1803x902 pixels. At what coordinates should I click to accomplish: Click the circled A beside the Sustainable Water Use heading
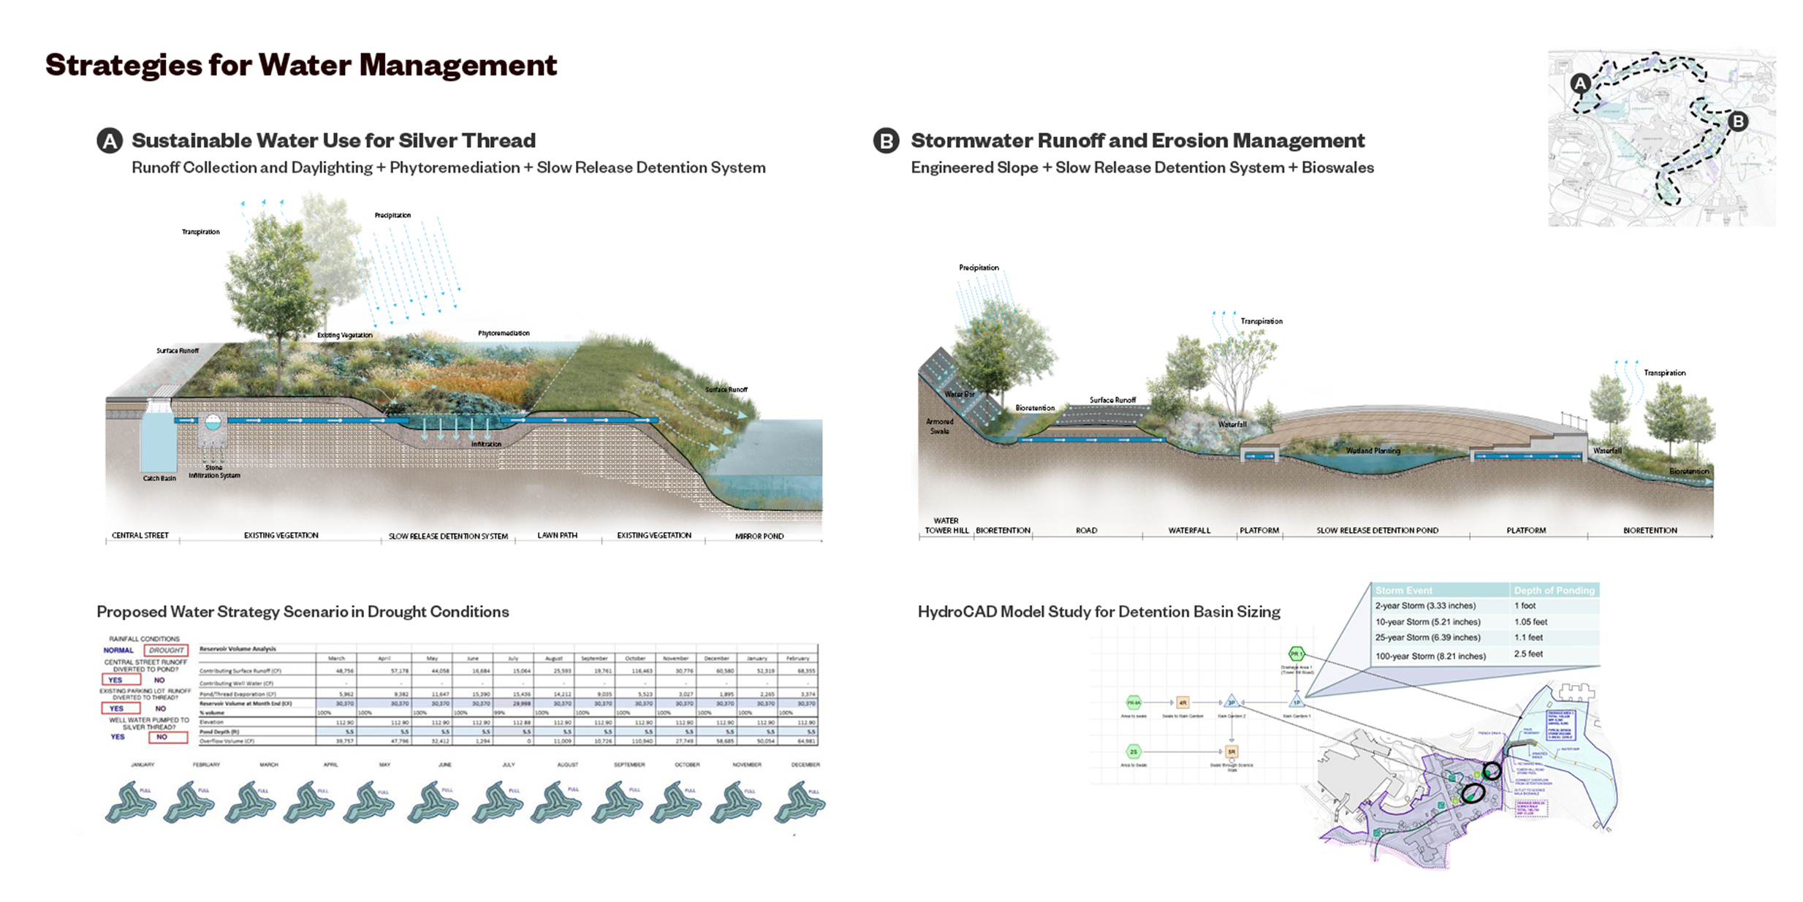coord(110,141)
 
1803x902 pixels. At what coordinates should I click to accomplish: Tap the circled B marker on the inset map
coord(1738,121)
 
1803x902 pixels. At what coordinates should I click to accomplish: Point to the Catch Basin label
coord(159,479)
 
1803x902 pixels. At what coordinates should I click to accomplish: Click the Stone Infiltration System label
coord(214,471)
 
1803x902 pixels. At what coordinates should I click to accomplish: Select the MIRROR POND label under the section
coord(759,536)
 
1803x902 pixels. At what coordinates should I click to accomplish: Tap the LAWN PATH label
coord(557,535)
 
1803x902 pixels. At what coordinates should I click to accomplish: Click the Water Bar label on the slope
coord(959,394)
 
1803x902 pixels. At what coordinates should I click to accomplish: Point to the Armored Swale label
coord(940,426)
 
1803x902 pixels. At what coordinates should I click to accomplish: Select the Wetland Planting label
coord(1373,451)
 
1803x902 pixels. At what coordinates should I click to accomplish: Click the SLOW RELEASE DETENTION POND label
coord(1377,531)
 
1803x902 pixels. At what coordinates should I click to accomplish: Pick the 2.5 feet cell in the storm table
coord(1528,654)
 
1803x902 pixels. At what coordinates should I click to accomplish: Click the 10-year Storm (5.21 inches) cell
coord(1427,622)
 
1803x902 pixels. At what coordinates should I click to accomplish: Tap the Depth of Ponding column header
coord(1554,591)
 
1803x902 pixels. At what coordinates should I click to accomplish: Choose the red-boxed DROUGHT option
coord(166,650)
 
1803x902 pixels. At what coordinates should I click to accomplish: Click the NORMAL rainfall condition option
coord(118,650)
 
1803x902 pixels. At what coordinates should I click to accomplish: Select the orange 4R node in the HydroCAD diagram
coord(1182,702)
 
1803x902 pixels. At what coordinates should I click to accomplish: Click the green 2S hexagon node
coord(1134,751)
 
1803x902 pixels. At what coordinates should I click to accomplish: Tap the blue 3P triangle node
coord(1231,702)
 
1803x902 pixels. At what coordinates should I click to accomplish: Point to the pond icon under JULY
coord(497,802)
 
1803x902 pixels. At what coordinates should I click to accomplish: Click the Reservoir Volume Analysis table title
coord(238,648)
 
